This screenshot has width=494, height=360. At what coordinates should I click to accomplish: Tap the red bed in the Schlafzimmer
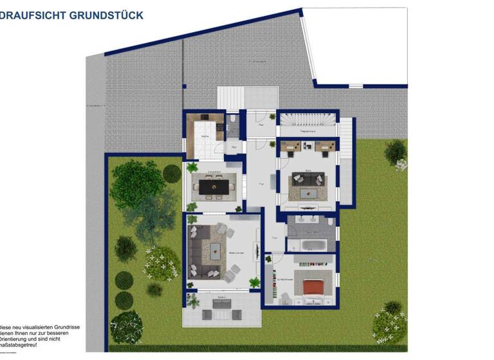(x=313, y=287)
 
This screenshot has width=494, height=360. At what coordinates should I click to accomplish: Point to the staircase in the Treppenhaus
(x=307, y=120)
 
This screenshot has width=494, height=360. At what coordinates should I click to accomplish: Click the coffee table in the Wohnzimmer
(x=214, y=251)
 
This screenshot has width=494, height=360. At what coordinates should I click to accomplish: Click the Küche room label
(x=204, y=137)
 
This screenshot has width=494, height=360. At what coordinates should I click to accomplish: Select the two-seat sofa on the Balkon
(x=215, y=314)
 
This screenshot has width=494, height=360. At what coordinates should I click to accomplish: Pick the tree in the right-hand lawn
(x=396, y=152)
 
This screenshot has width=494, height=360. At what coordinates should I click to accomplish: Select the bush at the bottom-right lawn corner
(x=390, y=321)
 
